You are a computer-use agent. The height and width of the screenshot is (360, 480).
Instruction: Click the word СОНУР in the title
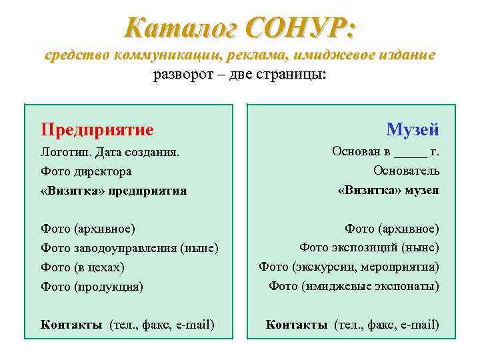301,28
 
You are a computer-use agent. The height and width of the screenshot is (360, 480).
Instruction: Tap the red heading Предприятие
97,129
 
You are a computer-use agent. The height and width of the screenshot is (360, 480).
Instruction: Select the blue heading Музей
412,129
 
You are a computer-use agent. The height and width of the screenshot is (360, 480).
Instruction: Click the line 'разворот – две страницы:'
240,73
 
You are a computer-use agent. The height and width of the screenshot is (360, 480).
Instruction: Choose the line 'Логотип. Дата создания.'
110,153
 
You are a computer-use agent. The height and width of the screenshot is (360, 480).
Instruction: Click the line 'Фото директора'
86,171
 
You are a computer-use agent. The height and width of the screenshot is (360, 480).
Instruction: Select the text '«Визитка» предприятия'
113,191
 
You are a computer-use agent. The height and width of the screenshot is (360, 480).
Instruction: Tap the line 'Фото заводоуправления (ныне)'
129,248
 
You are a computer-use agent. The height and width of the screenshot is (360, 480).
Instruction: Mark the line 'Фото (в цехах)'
83,267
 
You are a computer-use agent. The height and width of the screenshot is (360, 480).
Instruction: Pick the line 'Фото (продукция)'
92,287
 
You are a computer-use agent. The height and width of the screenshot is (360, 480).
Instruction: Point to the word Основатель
406,171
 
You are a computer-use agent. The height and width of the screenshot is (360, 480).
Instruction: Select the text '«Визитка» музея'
388,190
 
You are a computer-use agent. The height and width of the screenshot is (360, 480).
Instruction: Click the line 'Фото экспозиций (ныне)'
369,247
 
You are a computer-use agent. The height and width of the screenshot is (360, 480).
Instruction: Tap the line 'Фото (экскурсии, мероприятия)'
349,267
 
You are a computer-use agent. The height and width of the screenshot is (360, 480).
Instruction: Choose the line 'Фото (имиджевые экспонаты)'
354,286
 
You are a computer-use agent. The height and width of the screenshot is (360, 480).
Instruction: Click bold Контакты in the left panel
71,325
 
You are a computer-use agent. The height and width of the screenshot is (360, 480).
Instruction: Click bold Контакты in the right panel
296,325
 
